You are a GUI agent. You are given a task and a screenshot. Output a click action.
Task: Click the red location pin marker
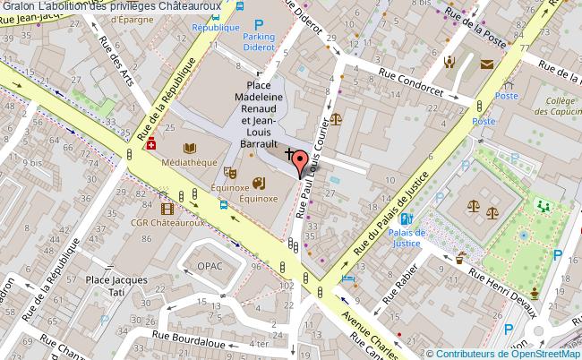click(x=301, y=162)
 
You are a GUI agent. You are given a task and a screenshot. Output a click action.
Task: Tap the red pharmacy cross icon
click(x=150, y=143)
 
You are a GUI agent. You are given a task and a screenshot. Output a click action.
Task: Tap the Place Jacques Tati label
click(x=116, y=286)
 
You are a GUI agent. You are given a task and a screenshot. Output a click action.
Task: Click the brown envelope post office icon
click(x=486, y=64)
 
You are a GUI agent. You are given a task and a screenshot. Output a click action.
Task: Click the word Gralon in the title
click(x=18, y=6)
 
